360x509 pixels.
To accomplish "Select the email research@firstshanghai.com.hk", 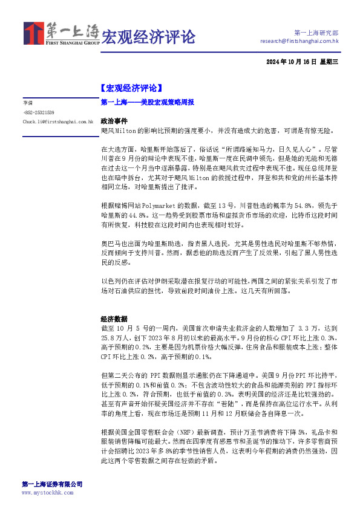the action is [x=299, y=42].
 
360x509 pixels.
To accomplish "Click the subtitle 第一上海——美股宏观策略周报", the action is [x=147, y=103].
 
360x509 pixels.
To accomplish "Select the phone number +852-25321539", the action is [x=39, y=112].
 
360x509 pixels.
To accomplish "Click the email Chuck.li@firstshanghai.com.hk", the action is [x=57, y=122].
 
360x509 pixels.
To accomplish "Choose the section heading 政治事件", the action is [x=114, y=121].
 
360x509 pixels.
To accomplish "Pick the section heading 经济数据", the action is [x=114, y=319].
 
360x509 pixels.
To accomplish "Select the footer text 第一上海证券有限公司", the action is [x=52, y=484].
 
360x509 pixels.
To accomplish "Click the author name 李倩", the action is [x=28, y=103].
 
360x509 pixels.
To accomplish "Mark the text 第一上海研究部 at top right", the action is [x=316, y=32].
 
